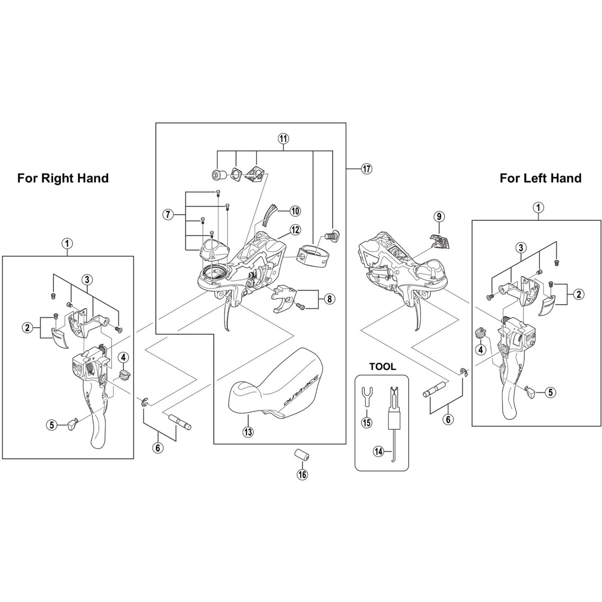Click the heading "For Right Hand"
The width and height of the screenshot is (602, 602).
tap(63, 178)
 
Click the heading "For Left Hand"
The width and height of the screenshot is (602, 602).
tap(540, 178)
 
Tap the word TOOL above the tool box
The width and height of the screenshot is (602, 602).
tap(382, 367)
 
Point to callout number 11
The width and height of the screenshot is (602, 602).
tap(283, 138)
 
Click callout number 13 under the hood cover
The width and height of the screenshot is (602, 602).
tap(248, 432)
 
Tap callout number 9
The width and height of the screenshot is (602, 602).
tap(439, 216)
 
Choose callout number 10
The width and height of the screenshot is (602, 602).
tap(295, 211)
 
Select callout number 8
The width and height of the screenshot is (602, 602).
tap(329, 299)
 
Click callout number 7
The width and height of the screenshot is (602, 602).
tap(168, 215)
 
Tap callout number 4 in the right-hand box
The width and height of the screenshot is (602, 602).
tap(123, 357)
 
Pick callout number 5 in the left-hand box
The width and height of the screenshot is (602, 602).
tap(550, 392)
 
